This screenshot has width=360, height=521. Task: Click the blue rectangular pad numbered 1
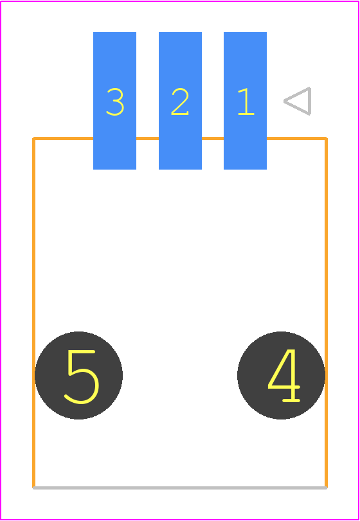245,101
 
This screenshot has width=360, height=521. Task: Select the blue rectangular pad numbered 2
180,101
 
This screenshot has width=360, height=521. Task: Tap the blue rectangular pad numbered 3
114,101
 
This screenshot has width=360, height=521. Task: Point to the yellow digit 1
246,102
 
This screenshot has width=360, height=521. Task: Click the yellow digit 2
180,102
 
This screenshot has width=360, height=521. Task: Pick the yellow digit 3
115,102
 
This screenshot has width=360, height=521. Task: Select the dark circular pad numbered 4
281,375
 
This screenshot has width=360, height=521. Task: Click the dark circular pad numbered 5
79,375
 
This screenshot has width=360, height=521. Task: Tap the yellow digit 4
284,375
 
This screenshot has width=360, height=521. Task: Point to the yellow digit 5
82,377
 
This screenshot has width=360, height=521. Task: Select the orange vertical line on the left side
33,313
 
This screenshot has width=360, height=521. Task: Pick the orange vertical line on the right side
326,313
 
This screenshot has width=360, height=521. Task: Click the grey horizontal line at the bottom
180,488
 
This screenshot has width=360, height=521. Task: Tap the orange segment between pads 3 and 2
148,138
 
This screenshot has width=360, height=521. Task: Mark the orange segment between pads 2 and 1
213,138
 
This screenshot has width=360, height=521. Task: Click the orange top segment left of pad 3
63,138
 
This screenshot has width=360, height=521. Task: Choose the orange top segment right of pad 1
297,138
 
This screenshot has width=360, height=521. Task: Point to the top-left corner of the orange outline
33,138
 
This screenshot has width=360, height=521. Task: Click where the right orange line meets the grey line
326,488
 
